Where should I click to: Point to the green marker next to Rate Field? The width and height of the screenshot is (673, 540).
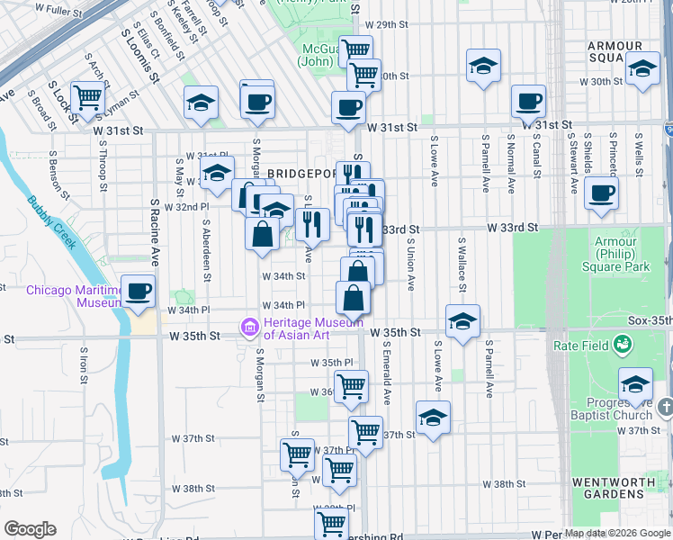[622, 344]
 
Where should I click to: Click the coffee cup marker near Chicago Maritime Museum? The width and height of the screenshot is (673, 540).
[138, 291]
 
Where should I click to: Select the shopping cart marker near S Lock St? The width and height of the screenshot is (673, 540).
[87, 97]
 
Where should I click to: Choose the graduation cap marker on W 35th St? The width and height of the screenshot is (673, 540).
[462, 321]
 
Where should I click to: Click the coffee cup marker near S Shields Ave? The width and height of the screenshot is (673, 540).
[601, 193]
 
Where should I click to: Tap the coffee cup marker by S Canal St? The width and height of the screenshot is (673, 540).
[528, 102]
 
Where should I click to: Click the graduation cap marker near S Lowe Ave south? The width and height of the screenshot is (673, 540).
[433, 418]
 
